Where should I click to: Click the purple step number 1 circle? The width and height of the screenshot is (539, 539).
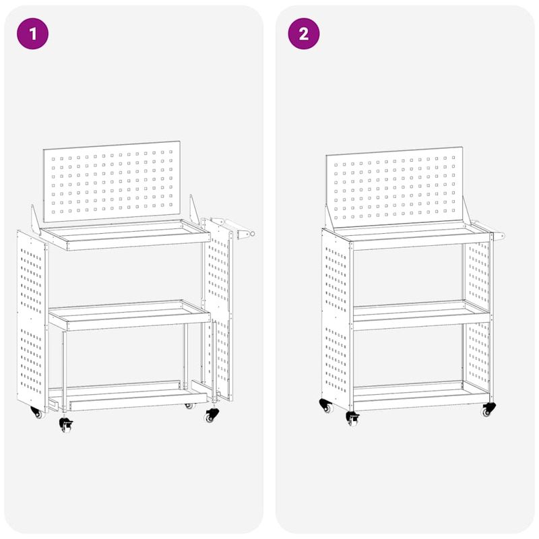pos(34,34)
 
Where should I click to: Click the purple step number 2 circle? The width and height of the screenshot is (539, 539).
pos(303,34)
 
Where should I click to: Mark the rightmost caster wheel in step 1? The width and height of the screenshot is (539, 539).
pos(212,416)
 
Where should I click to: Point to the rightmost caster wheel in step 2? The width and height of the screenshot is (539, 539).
pos(487,410)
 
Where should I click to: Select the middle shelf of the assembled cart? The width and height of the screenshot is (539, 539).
pos(421,314)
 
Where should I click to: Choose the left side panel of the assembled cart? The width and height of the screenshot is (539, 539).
pos(336,317)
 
